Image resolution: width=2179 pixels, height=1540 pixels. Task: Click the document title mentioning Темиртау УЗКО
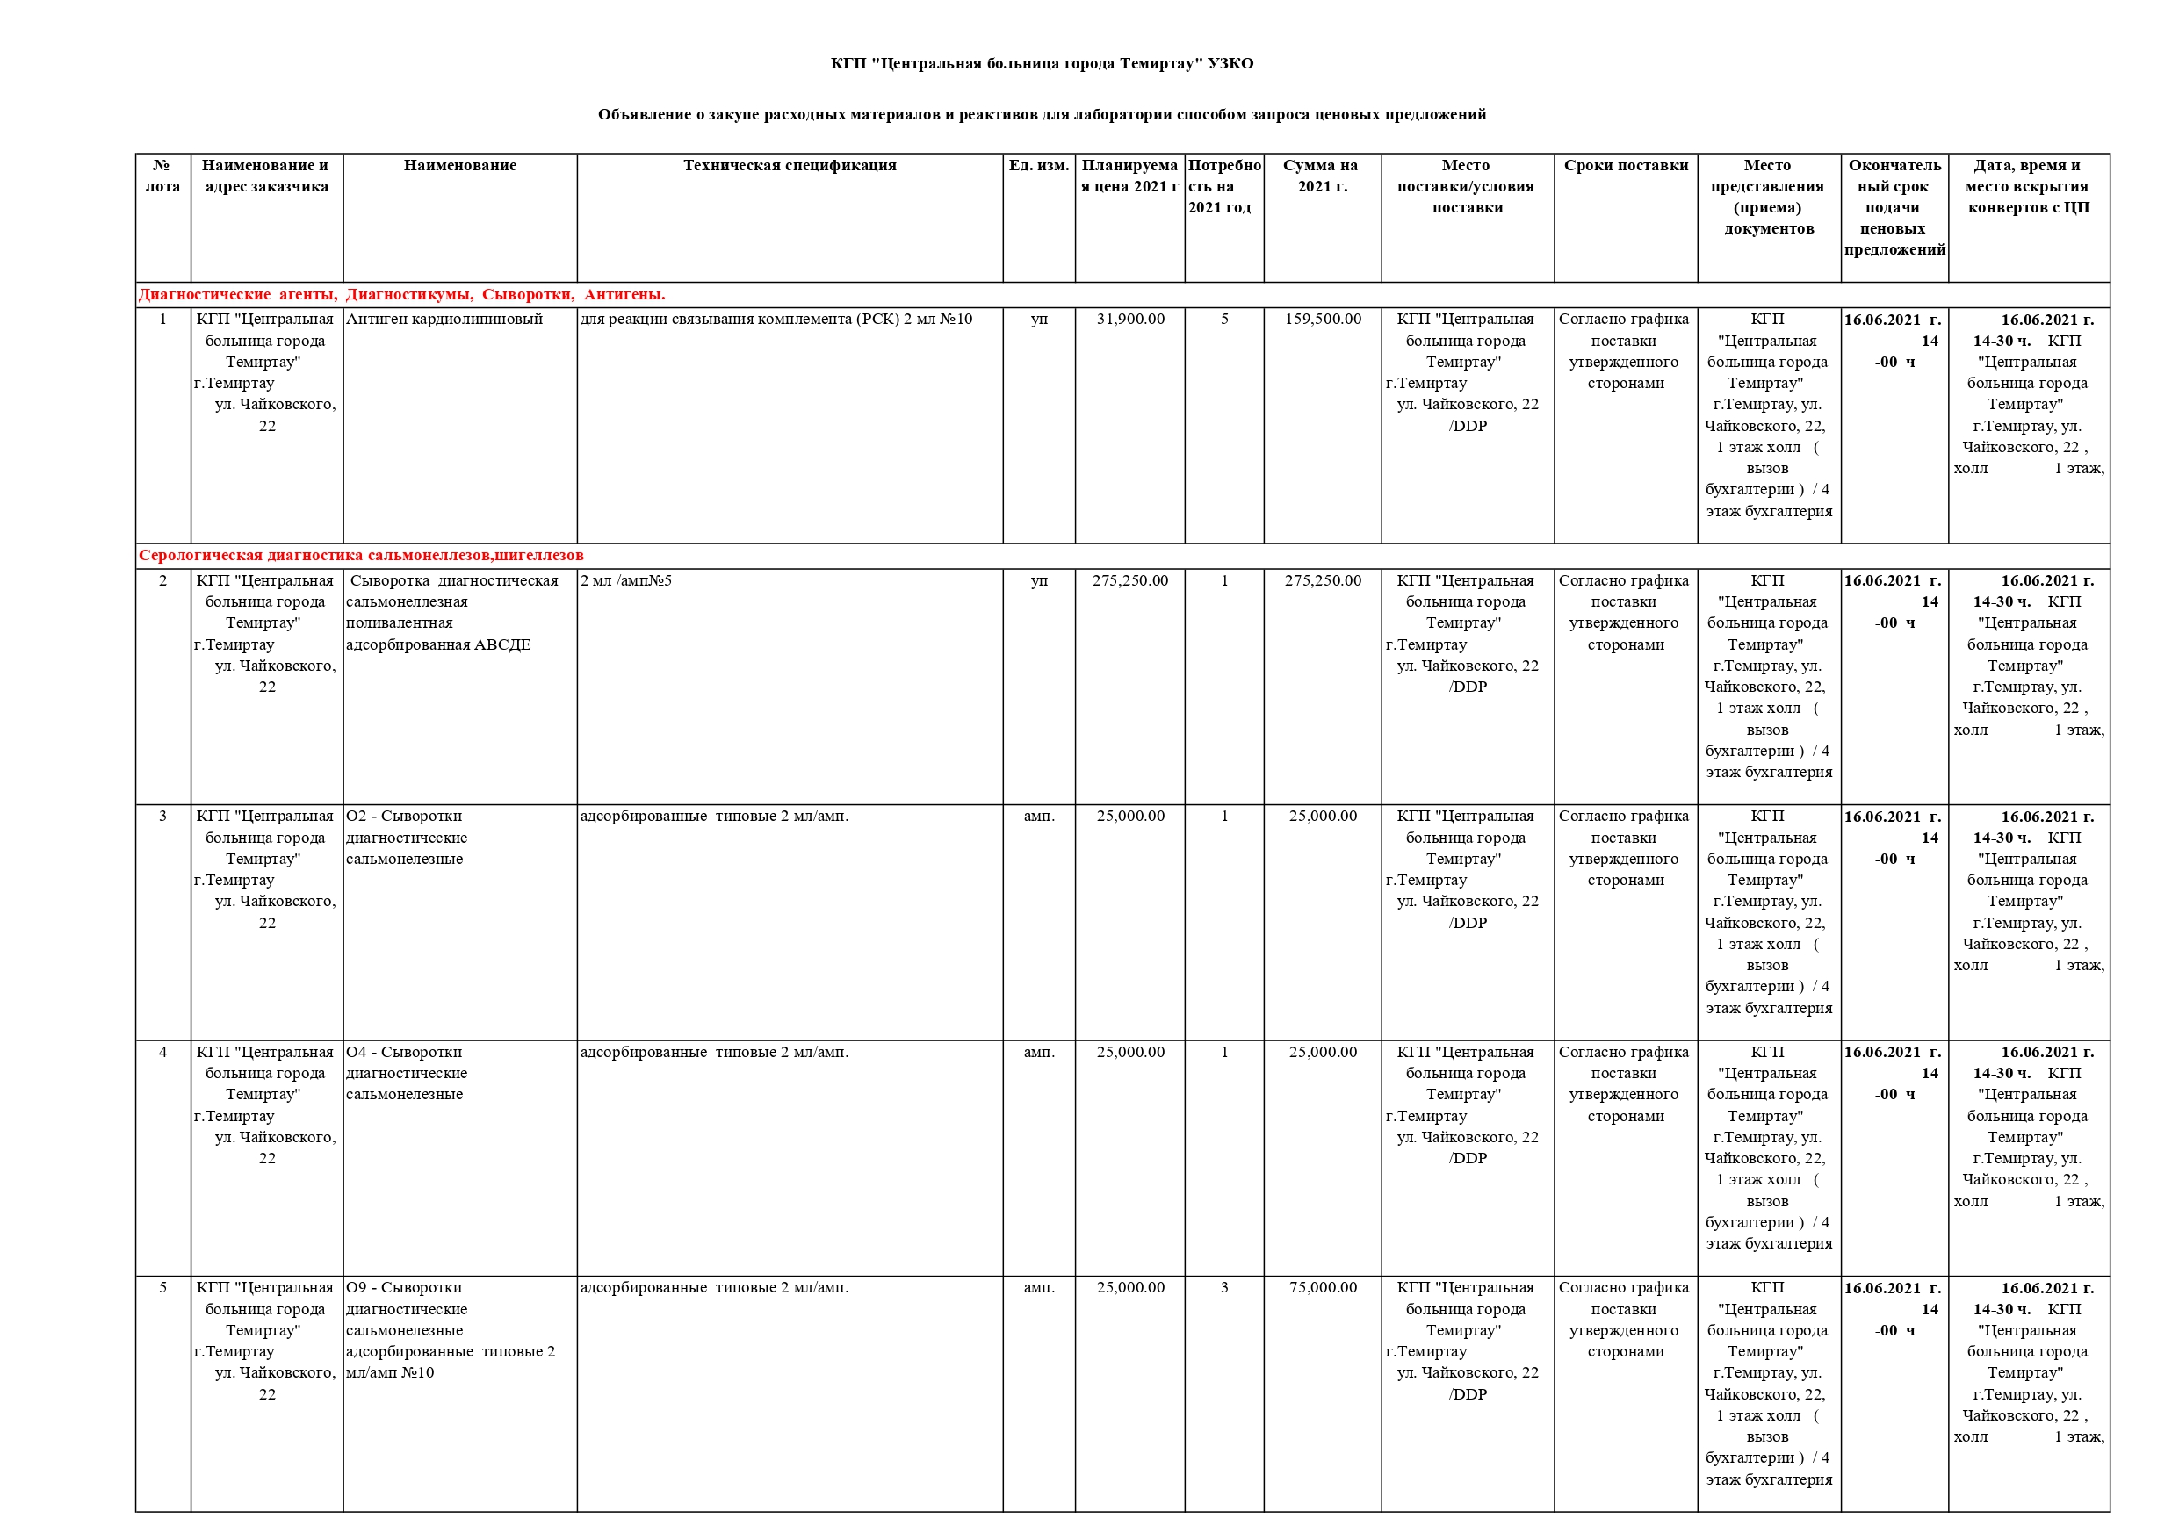pos(1041,63)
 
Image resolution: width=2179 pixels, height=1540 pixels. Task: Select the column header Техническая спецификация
pos(789,165)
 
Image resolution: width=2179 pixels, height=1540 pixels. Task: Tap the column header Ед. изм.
pos(1038,165)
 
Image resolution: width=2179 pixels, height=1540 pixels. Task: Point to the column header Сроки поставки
pos(1625,165)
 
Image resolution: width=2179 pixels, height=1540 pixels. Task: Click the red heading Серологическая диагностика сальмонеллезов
pos(361,555)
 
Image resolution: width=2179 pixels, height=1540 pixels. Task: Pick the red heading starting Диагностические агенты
pos(401,294)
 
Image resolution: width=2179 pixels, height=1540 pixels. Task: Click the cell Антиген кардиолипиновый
pos(444,319)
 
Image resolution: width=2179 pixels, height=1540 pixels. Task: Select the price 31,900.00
pos(1129,319)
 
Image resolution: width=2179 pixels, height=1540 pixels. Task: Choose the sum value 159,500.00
pos(1322,319)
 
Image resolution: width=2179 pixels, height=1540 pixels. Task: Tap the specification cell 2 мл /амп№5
pos(625,579)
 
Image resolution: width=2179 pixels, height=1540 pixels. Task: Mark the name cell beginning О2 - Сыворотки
pos(406,837)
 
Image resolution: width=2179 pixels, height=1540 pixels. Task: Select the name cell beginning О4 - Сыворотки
pos(406,1072)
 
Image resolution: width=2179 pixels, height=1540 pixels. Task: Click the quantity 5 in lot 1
pos(1223,319)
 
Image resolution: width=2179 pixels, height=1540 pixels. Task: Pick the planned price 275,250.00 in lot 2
pos(1129,579)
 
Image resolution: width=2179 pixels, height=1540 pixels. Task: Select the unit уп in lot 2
pos(1038,579)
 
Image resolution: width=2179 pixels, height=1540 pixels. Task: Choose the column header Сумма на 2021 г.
pos(1321,176)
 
